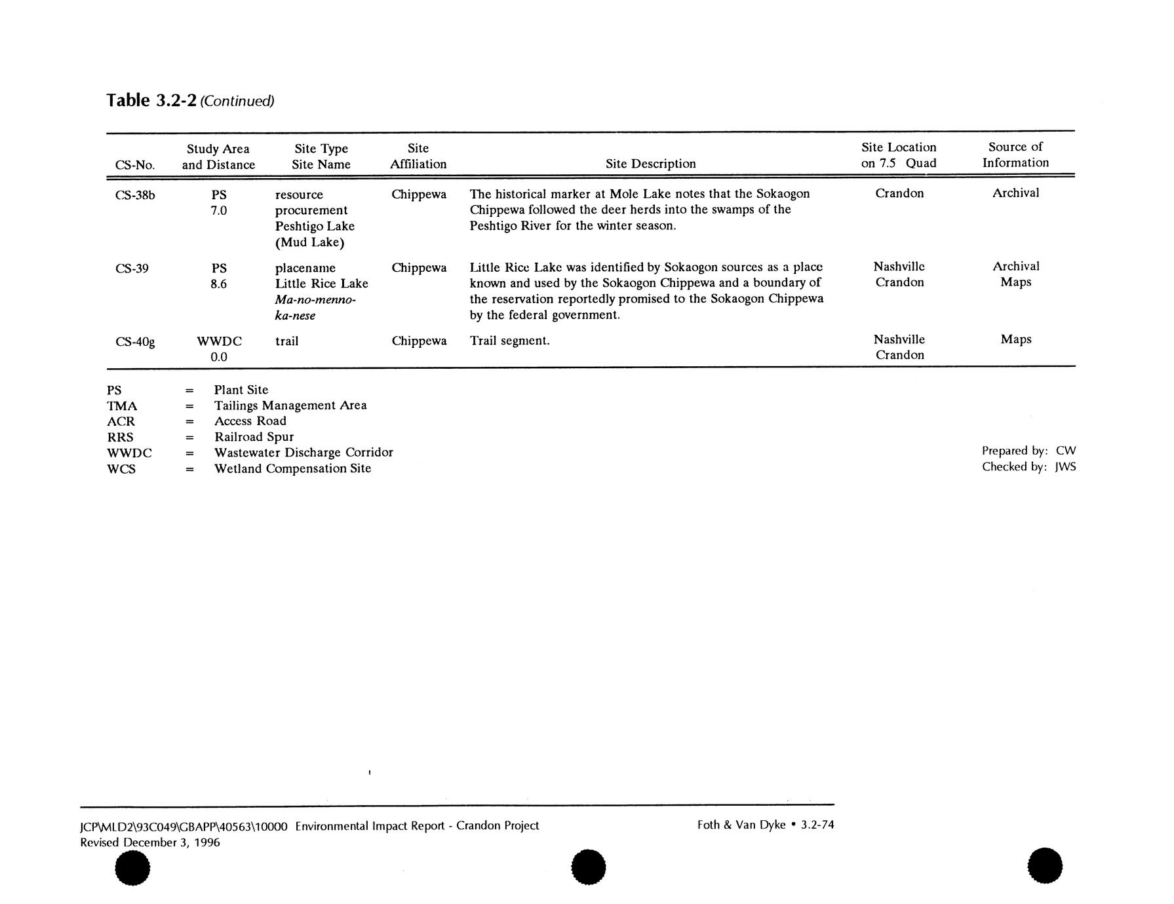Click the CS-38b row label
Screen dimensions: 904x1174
coord(135,195)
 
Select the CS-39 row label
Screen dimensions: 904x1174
coord(132,268)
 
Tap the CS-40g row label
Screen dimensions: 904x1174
coord(135,341)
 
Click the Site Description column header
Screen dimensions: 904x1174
coord(650,164)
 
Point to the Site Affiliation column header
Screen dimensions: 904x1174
coord(418,157)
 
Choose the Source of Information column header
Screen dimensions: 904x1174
coord(1015,155)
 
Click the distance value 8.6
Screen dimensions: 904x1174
coord(218,284)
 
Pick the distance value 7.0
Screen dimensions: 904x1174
coord(218,211)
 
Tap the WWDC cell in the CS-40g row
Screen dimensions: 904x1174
coord(219,341)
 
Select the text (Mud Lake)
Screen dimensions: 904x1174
coord(309,242)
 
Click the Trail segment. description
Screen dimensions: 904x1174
coord(509,341)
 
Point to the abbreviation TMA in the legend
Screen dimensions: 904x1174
coord(122,406)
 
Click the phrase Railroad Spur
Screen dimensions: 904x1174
coord(254,437)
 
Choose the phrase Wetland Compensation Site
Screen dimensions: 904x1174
coord(292,468)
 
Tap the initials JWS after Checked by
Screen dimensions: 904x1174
coord(1065,467)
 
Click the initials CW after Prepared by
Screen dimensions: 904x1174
coord(1066,451)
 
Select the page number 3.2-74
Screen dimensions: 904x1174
coord(817,825)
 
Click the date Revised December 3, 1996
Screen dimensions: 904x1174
coord(150,842)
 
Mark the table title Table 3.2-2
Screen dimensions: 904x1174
coord(151,100)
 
